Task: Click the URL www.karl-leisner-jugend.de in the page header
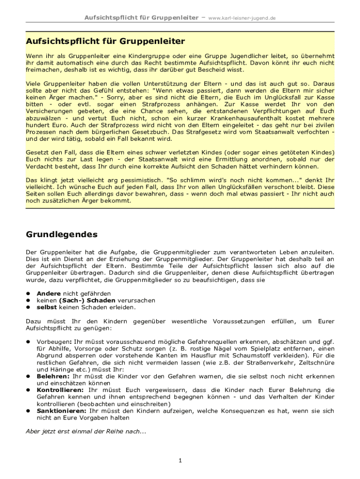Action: coord(242,18)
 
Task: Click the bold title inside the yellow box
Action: coord(105,41)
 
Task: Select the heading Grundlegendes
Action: coord(61,234)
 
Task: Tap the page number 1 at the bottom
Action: coord(180,461)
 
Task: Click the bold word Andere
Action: coord(48,293)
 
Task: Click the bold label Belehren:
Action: coord(53,376)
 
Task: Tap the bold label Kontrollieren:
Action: coord(60,390)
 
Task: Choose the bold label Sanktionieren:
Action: coord(61,411)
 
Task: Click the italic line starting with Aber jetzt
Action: coord(86,431)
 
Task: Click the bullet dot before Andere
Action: coord(28,293)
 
